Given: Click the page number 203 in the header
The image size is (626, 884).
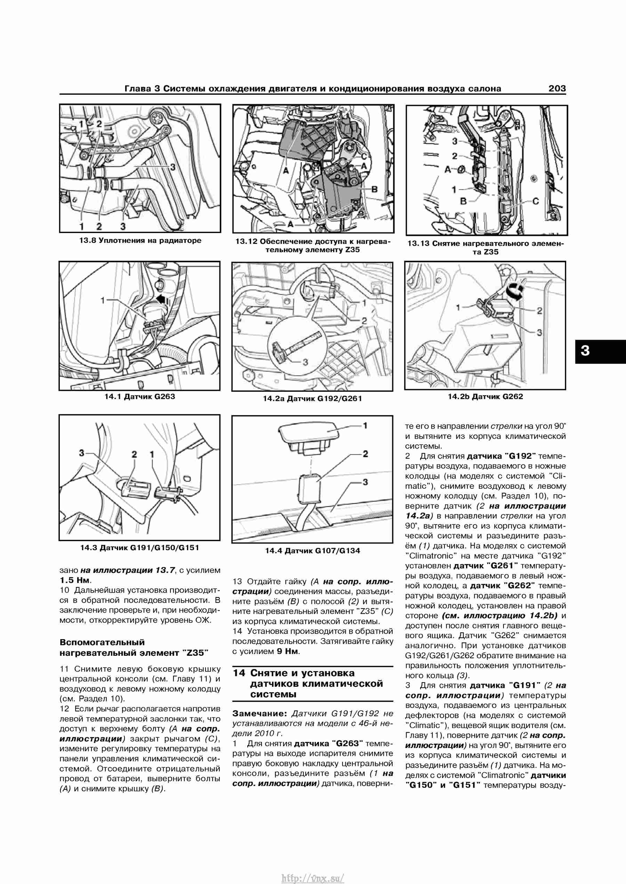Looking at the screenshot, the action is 557,89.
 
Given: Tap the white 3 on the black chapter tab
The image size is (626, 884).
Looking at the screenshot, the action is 585,350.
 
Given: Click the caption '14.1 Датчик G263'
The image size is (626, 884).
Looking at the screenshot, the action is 139,397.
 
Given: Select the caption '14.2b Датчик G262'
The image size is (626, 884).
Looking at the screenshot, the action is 485,397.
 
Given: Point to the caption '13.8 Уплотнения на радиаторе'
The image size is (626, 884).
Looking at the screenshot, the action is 140,241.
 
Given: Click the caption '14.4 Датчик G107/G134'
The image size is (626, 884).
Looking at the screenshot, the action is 313,551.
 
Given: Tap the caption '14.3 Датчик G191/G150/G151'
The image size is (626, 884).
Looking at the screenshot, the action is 139,547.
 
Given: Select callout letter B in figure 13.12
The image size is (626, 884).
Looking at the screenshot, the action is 374,189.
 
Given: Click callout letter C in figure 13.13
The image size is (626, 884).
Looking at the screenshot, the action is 536,201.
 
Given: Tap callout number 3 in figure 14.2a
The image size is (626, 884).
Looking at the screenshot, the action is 305,362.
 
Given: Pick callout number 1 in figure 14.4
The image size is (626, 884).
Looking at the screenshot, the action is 365,426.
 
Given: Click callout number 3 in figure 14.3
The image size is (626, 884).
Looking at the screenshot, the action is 81,453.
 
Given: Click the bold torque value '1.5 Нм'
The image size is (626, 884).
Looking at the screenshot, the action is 75,580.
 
